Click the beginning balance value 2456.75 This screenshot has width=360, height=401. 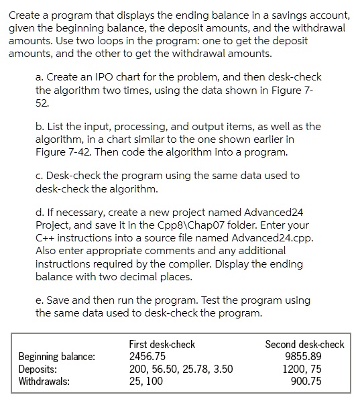tap(147, 356)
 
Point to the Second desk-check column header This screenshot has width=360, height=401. tap(304, 344)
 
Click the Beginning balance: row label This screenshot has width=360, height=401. tap(57, 356)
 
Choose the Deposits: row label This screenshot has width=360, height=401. tap(36, 369)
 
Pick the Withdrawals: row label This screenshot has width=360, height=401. tap(44, 381)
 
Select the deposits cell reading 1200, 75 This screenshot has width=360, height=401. tap(322, 369)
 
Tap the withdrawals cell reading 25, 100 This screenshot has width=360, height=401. tap(146, 381)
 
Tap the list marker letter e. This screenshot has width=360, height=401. tap(38, 301)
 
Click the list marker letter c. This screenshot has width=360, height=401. tap(38, 175)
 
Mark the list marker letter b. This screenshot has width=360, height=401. tap(38, 126)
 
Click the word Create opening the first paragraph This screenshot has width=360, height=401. tap(24, 15)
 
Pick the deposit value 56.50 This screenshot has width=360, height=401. tap(165, 369)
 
